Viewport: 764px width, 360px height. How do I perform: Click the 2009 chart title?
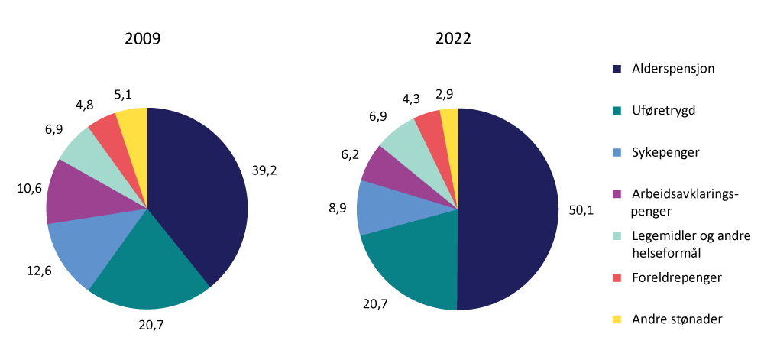pos(143,39)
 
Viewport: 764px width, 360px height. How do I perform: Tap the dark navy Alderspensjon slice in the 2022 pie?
pos(508,210)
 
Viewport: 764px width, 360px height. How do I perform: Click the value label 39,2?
pos(264,170)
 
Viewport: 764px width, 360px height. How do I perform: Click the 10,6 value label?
pos(24,186)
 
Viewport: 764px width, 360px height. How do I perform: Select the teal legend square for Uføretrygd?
pos(617,111)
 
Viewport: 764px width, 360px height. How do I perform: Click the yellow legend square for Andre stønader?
pos(617,319)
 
